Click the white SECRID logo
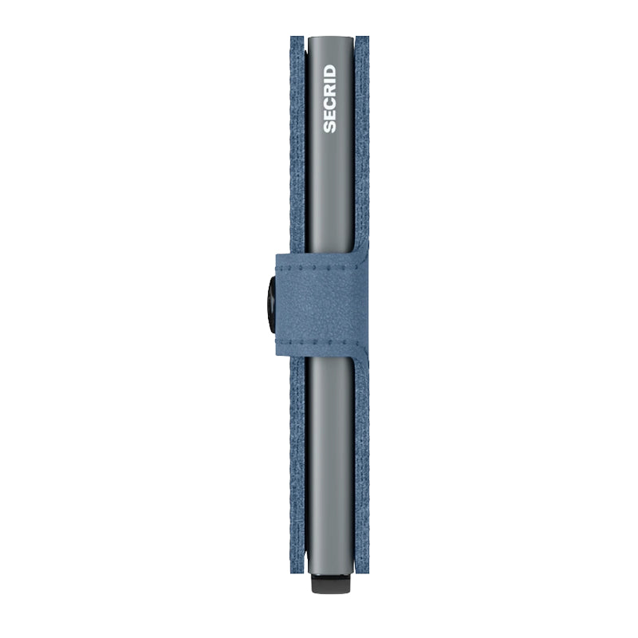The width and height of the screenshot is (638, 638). [329, 99]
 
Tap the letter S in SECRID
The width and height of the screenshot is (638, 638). [329, 127]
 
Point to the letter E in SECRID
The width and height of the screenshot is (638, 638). [329, 115]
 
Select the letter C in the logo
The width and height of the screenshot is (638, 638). [329, 103]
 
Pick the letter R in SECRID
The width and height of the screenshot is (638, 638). [329, 91]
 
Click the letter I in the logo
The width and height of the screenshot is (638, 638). [329, 82]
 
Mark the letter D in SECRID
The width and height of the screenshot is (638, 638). [329, 71]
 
